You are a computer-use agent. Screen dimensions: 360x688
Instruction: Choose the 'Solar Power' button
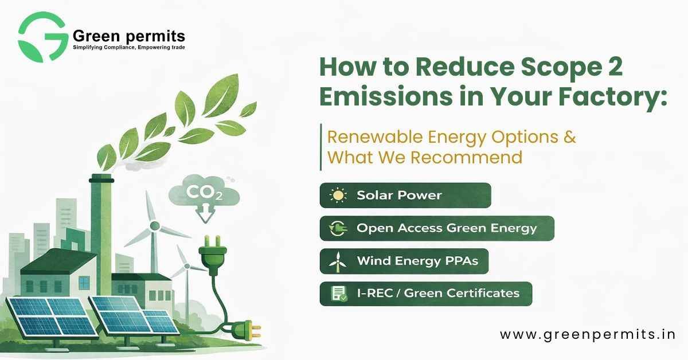pos(405,195)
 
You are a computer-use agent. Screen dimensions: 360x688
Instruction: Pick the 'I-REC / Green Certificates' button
pos(425,294)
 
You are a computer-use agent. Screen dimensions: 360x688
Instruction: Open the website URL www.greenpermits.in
pos(587,334)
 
